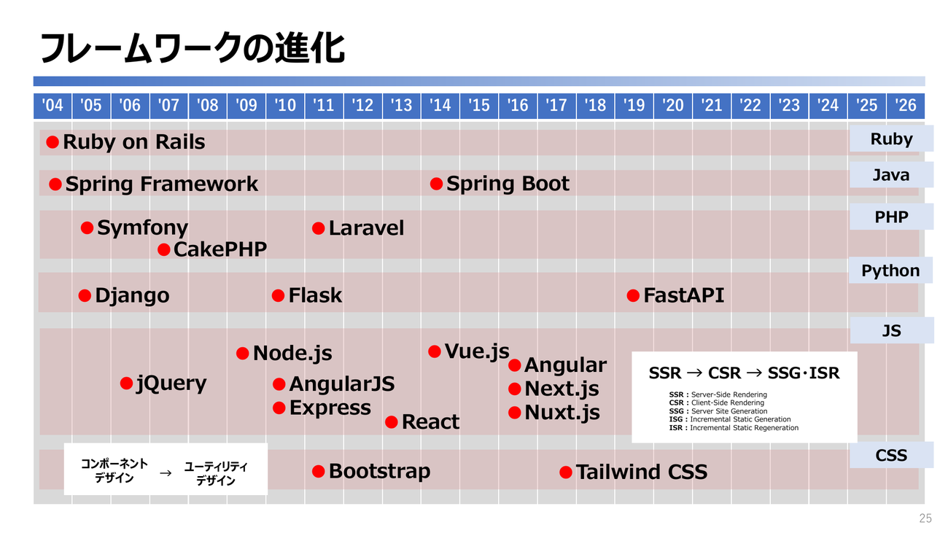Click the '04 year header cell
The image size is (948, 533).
(x=53, y=106)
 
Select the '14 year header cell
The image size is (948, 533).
(x=440, y=106)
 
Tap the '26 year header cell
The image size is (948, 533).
(x=906, y=106)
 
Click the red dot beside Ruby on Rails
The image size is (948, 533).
(x=53, y=142)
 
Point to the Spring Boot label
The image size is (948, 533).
(x=508, y=184)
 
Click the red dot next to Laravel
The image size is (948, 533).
(x=318, y=228)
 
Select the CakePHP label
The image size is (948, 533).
(x=220, y=249)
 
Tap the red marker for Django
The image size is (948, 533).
(x=85, y=296)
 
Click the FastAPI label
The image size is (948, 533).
(x=684, y=295)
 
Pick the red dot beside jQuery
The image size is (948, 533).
(x=127, y=384)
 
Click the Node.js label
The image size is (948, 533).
(x=292, y=354)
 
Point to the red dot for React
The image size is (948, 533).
(x=392, y=421)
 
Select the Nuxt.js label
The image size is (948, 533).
(x=562, y=413)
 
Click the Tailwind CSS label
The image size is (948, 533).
(x=642, y=472)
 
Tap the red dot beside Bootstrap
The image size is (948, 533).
(x=318, y=471)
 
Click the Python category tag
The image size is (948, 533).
(x=890, y=271)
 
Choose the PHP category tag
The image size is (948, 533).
(x=891, y=217)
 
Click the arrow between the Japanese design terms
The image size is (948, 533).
(x=166, y=473)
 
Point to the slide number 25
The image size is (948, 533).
(x=925, y=518)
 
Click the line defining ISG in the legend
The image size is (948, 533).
(x=730, y=419)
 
